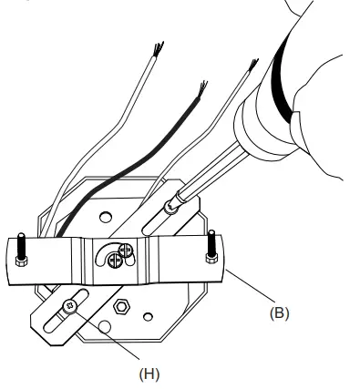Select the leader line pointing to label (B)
click(x=250, y=289)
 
